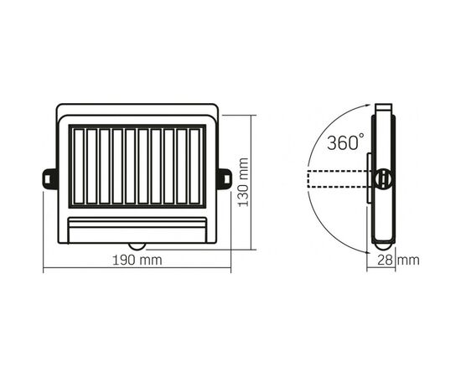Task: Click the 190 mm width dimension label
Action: pos(137,260)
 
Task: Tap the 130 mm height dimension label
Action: pos(243,182)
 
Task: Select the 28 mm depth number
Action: pos(386,261)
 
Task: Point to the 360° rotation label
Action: pos(345,142)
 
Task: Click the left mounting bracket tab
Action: pos(50,179)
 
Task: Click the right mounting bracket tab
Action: pos(224,179)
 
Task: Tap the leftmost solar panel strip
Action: pos(79,167)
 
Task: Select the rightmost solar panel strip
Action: pos(194,167)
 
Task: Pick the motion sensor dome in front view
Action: pos(137,246)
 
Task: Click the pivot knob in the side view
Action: pos(384,178)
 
